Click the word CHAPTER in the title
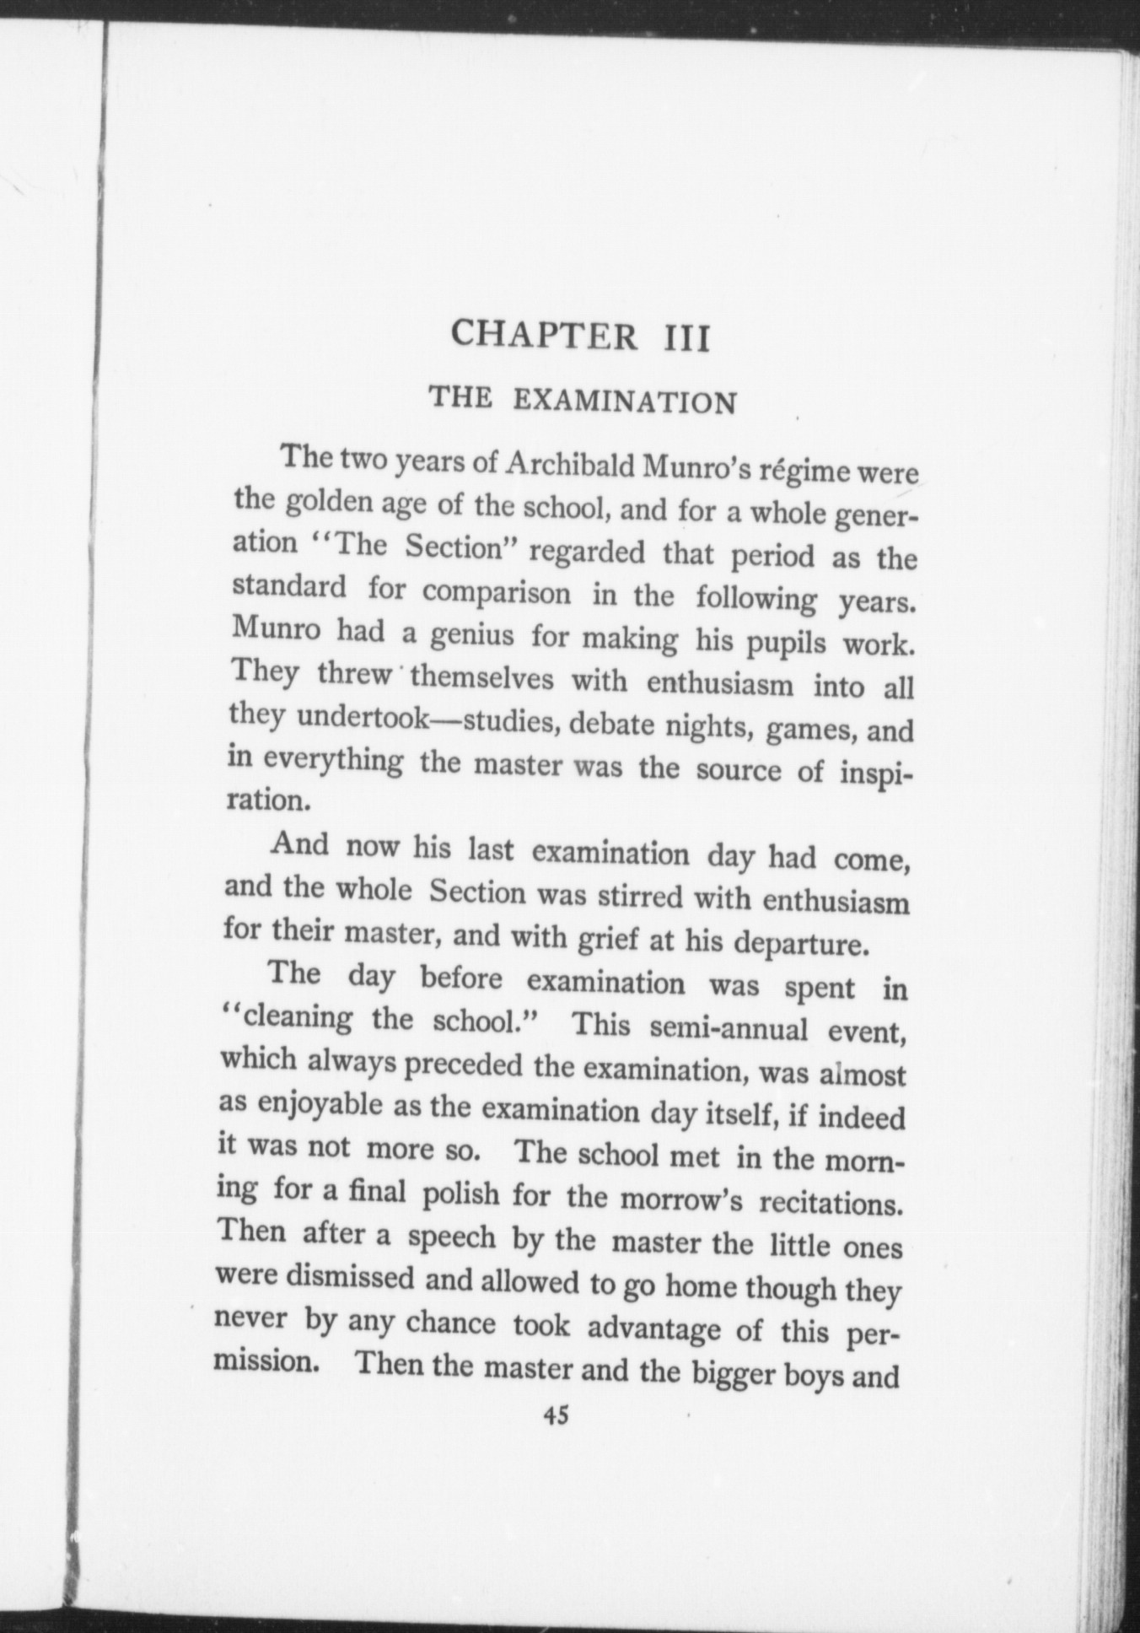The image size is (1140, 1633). click(544, 335)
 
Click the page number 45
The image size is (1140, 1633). click(556, 1415)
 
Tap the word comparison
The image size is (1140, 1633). click(496, 593)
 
